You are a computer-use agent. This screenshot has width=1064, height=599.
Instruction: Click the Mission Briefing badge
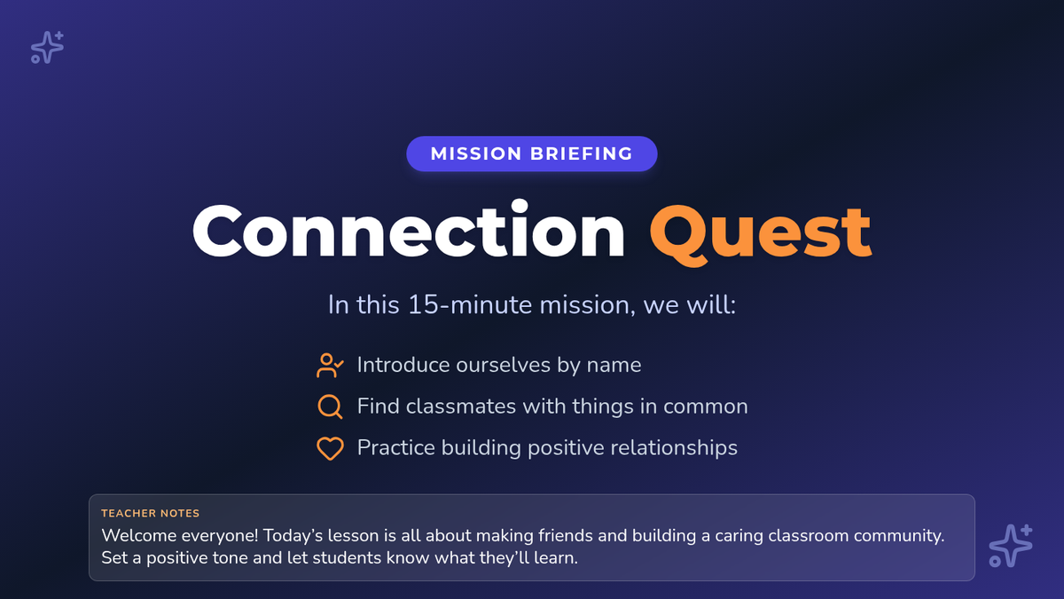[531, 154]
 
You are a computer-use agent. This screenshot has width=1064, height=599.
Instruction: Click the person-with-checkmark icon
[330, 365]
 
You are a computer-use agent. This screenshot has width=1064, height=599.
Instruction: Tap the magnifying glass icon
[330, 406]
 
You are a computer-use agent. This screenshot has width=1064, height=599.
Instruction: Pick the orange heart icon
[330, 448]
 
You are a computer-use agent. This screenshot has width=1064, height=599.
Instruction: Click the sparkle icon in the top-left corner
[47, 47]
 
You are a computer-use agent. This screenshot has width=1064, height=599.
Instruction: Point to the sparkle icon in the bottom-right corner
[1011, 546]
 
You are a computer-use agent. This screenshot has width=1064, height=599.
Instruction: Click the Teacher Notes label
[150, 514]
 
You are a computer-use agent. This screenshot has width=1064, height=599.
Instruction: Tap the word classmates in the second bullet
[461, 406]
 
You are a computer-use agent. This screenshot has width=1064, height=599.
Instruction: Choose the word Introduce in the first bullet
[403, 365]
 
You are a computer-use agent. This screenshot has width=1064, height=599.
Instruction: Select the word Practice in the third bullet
[396, 448]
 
